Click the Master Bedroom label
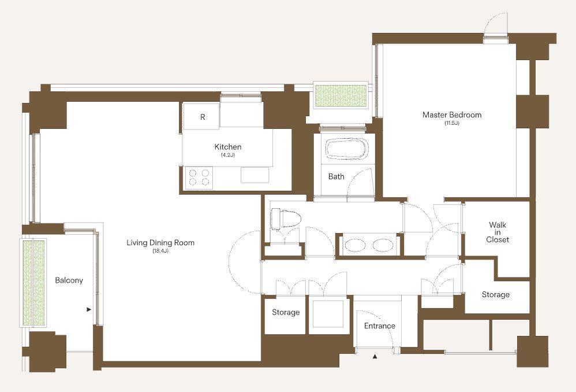tap(452, 115)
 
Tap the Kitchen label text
tap(228, 147)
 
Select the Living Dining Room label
tap(160, 243)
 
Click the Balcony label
tap(69, 280)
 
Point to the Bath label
tap(336, 177)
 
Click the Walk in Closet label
tap(498, 232)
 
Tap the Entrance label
tap(379, 326)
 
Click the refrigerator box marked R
tap(201, 116)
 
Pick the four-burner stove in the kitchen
tap(199, 177)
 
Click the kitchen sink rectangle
tap(255, 175)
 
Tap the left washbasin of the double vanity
tap(356, 246)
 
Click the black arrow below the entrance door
tap(375, 356)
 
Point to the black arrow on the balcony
tap(88, 309)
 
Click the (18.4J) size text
tap(160, 252)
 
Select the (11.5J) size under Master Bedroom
tap(452, 123)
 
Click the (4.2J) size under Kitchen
tap(228, 155)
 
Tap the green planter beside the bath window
tap(341, 96)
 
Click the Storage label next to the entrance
tap(286, 312)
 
